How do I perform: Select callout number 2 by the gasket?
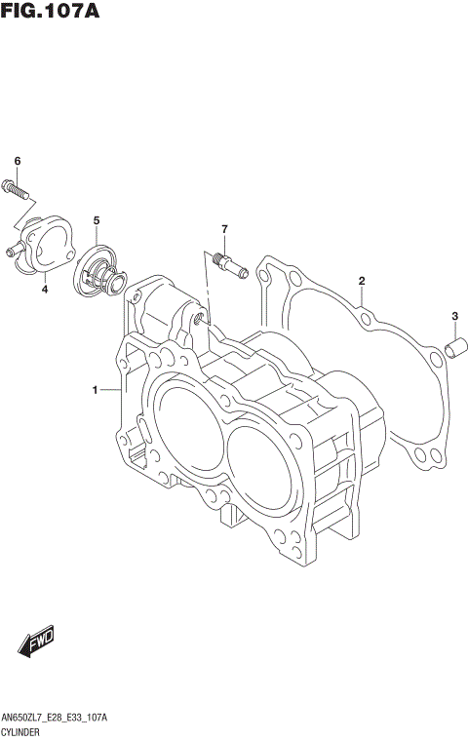tap(362, 282)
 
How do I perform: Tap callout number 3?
tap(454, 315)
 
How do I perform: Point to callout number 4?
tap(45, 289)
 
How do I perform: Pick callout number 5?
tap(97, 221)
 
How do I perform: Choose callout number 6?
tap(17, 161)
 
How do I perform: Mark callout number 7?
tap(223, 229)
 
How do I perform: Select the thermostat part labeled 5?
tap(101, 269)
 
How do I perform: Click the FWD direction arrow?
tap(36, 643)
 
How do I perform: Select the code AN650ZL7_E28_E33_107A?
tap(55, 717)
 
